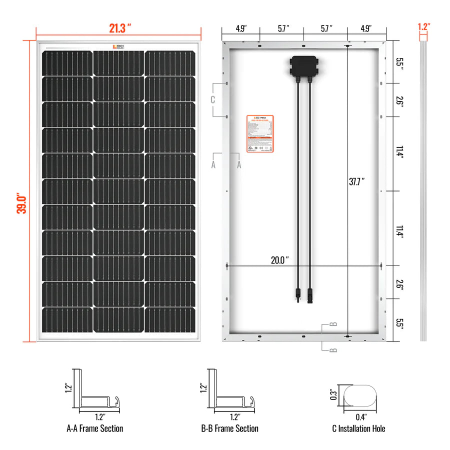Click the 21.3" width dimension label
[120, 28]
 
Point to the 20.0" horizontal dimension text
[279, 260]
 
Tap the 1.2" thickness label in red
[424, 26]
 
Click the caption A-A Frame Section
[94, 428]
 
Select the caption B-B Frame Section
[229, 428]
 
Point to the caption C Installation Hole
[358, 428]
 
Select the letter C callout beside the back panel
[212, 99]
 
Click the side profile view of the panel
[423, 190]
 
